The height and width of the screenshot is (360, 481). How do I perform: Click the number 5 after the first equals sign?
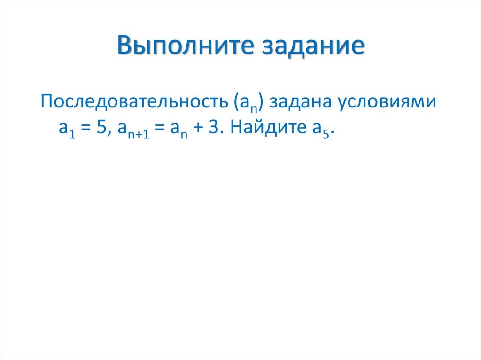coord(101,128)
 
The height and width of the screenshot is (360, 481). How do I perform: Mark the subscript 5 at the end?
coord(328,133)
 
